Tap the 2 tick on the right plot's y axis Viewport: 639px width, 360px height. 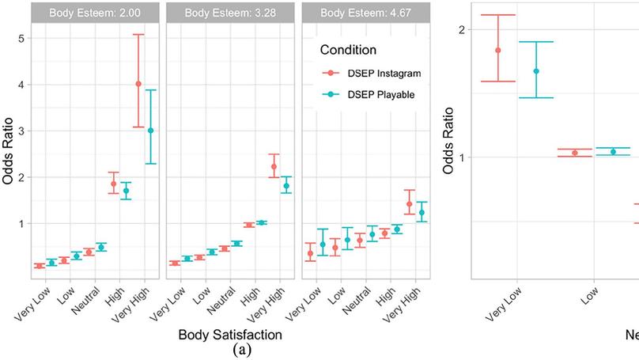click(x=462, y=30)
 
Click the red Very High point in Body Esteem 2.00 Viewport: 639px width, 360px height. click(x=138, y=84)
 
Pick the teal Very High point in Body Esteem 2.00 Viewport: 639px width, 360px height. click(x=150, y=131)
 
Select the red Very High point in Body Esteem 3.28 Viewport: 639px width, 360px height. click(x=274, y=166)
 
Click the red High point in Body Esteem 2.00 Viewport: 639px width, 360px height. click(x=113, y=184)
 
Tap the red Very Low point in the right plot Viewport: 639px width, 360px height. click(x=498, y=50)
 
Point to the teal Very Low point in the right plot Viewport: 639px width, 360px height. click(x=536, y=71)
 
